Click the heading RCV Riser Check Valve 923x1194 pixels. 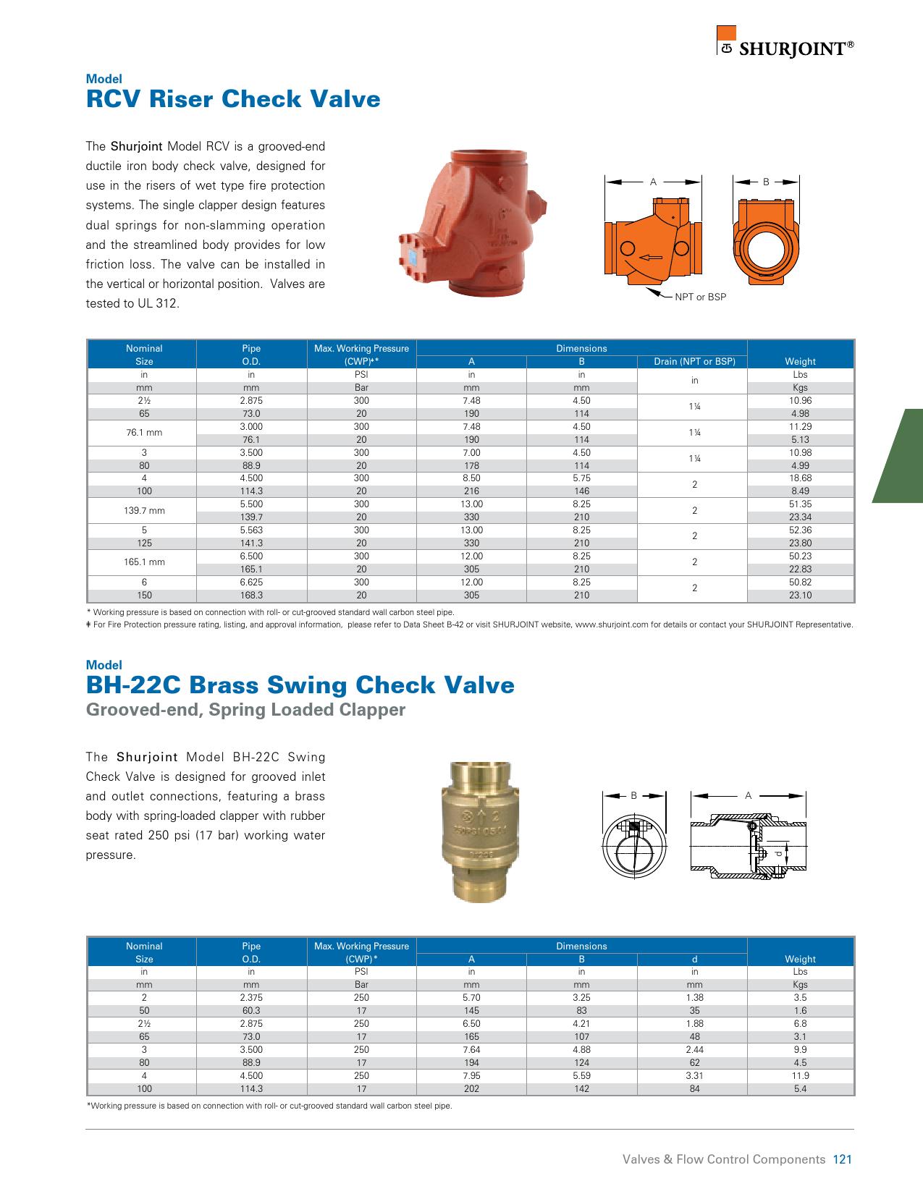tap(233, 98)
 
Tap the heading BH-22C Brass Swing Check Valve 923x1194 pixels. tap(300, 685)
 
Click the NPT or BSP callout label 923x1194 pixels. tap(700, 297)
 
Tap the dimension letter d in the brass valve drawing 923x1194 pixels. tap(779, 854)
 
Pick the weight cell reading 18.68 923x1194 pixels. tap(800, 478)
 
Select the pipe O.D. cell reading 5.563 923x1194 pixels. tap(251, 530)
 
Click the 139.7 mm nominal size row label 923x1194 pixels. tap(145, 510)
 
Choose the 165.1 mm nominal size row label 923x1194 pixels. tap(145, 562)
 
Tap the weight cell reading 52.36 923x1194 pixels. tap(800, 530)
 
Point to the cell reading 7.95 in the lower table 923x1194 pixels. tap(471, 1075)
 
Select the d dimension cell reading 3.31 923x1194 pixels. tap(694, 1075)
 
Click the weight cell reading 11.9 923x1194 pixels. tap(800, 1075)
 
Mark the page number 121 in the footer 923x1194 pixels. tap(843, 1159)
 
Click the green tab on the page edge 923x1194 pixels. tap(901, 455)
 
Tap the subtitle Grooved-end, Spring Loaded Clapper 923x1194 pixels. tap(245, 710)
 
